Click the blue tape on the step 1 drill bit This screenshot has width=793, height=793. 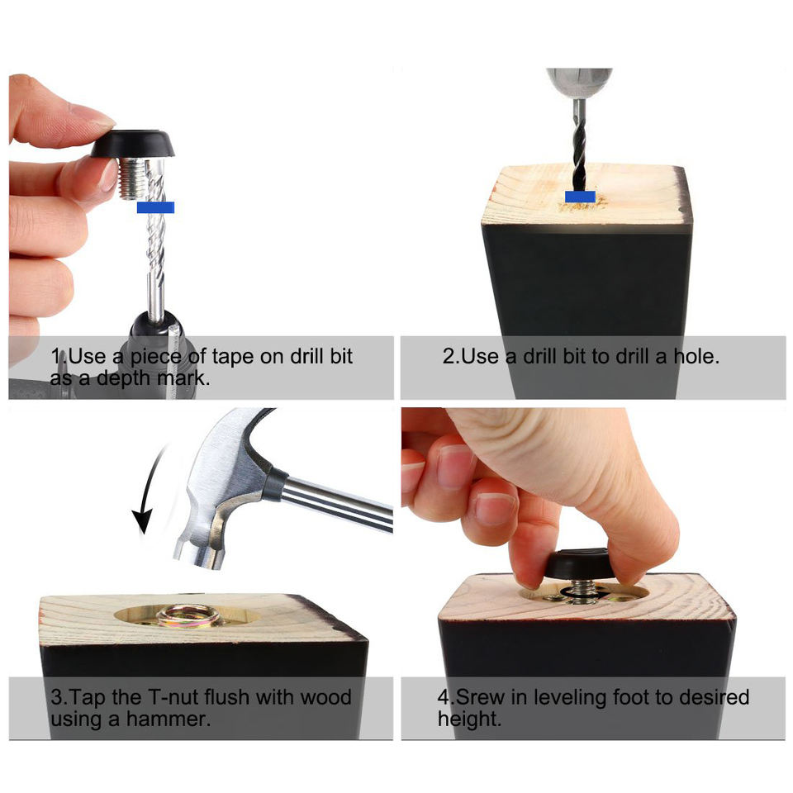156,207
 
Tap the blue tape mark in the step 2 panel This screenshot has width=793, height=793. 580,197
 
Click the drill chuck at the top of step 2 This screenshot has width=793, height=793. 580,83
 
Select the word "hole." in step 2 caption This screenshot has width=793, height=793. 696,357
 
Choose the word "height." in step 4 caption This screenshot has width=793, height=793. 469,719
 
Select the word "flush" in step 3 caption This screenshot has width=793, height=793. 235,697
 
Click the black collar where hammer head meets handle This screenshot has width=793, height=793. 274,484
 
